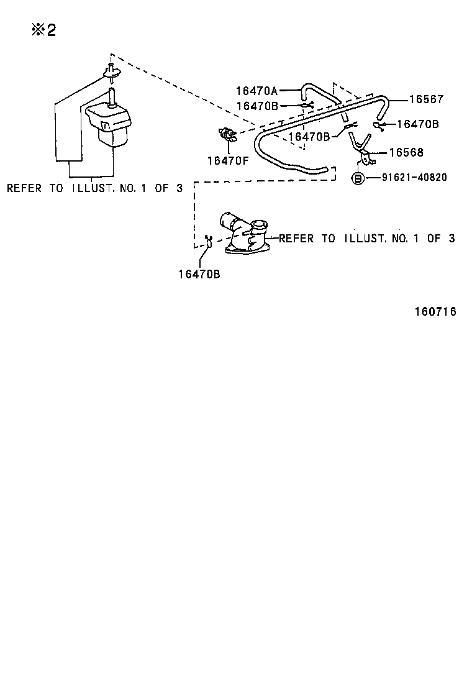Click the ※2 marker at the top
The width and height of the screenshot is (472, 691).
pos(43,30)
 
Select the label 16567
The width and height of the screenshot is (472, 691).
pos(427,99)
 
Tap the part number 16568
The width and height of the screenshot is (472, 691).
pos(406,152)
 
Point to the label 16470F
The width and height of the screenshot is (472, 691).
pos(228,160)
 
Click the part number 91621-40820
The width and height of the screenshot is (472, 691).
pos(414,178)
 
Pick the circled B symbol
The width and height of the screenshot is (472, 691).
pos(359,178)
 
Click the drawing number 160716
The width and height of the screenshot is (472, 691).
pos(435,312)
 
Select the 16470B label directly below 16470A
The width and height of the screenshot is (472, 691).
pos(256,106)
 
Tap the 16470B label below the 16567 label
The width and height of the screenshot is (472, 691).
pos(417,124)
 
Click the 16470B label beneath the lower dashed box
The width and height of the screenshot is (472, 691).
pos(199,273)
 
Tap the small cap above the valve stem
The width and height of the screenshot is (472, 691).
pos(111,71)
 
